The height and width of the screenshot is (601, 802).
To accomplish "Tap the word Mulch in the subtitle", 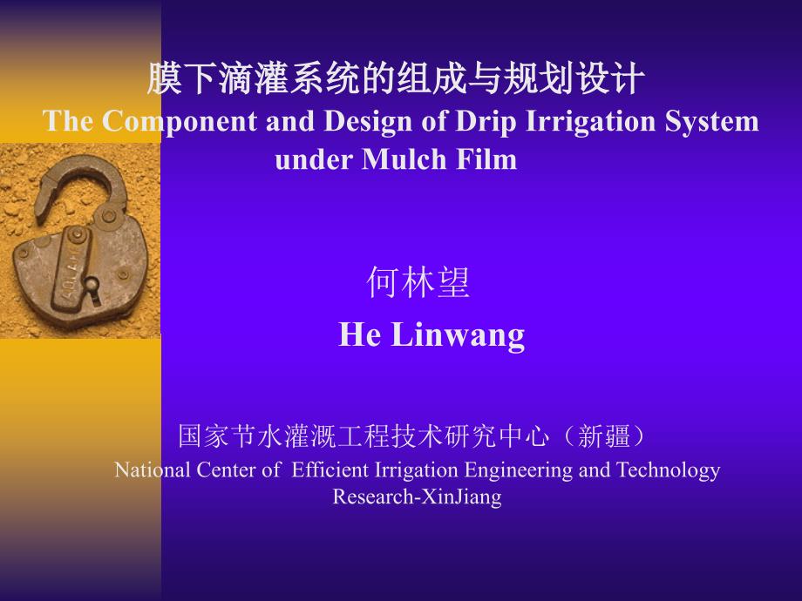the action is [404, 159].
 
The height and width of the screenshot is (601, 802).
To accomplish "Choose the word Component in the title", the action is [179, 123].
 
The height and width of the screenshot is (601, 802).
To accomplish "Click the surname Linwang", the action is [458, 335].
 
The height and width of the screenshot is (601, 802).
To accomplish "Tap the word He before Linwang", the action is [359, 334].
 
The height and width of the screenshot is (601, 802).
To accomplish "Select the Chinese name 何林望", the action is [418, 282].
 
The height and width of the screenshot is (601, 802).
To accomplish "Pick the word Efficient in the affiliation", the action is [330, 469].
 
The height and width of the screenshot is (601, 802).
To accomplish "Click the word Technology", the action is [668, 470].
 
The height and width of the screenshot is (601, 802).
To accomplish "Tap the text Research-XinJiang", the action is [417, 496].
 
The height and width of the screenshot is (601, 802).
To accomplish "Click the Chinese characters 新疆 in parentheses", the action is [603, 436].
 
